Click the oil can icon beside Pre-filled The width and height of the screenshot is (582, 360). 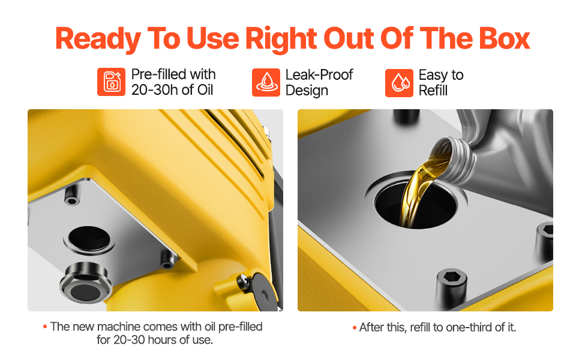point(112,82)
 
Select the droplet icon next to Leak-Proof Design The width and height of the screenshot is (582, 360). point(266,82)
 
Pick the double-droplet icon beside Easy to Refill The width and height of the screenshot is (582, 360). point(399,83)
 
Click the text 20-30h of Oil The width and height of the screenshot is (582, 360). point(172,90)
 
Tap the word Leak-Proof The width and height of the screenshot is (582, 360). point(319,74)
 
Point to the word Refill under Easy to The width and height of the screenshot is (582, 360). point(433,91)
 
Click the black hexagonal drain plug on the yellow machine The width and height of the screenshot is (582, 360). point(85,283)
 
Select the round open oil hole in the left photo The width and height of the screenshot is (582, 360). point(89,239)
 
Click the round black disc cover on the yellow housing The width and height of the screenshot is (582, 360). point(260,292)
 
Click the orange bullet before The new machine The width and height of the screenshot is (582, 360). point(45,326)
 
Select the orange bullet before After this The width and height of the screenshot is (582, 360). point(355,328)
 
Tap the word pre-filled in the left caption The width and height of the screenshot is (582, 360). point(240,326)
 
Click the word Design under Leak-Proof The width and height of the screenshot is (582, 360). point(307,91)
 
